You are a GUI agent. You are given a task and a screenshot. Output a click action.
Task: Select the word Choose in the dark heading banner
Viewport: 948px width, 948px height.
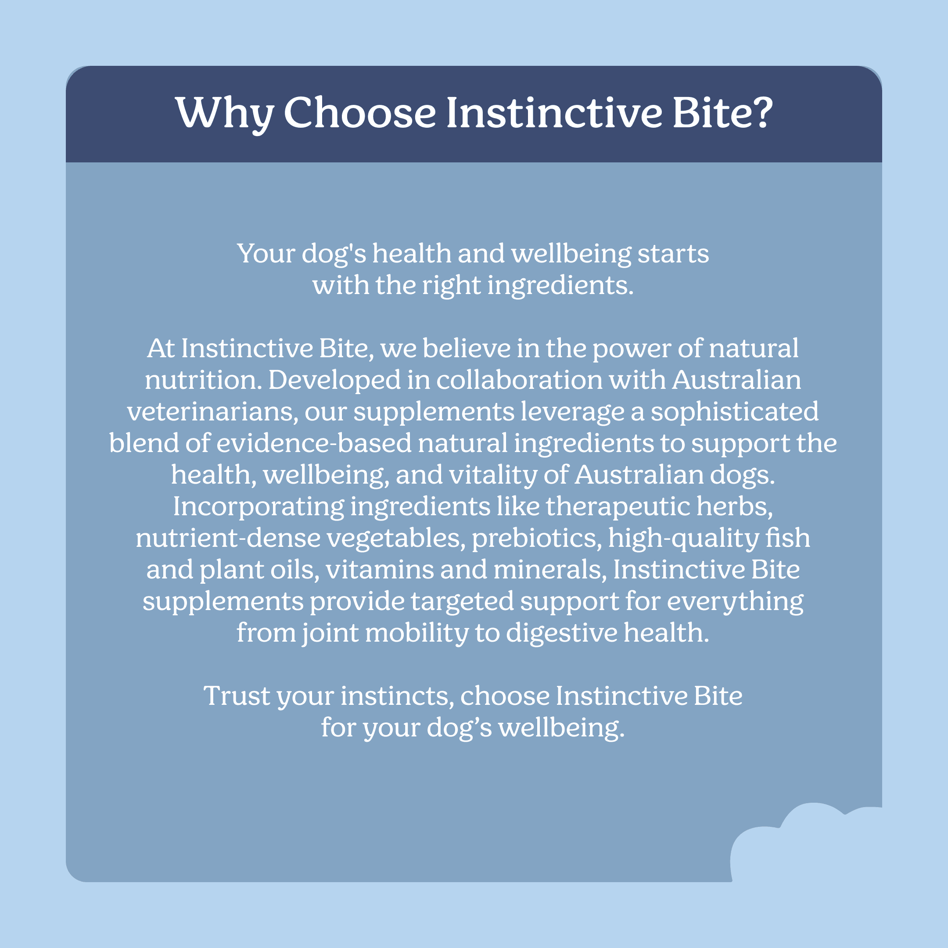click(360, 112)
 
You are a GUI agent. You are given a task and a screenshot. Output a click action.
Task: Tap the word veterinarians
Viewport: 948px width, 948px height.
click(213, 412)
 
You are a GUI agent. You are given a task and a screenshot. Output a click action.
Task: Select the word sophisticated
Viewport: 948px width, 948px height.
click(735, 412)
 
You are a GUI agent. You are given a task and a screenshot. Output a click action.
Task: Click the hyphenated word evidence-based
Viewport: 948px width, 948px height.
click(314, 443)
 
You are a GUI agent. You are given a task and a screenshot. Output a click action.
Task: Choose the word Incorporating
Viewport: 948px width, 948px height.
click(259, 507)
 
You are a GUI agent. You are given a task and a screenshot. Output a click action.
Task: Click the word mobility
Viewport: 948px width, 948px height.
click(417, 633)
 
